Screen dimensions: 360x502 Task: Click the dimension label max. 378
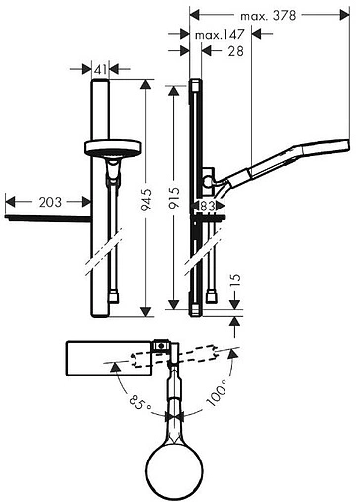coord(268,16)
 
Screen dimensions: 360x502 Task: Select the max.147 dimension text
coord(220,34)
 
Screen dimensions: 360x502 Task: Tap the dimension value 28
coord(236,51)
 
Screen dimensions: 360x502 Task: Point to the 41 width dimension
coord(100,69)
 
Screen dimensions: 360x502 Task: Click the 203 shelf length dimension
coord(49,202)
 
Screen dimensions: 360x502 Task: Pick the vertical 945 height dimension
coord(146,200)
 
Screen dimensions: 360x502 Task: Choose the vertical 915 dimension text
coord(174,198)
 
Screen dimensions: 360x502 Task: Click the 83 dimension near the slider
coord(208,207)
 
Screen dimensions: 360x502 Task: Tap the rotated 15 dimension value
coord(235,282)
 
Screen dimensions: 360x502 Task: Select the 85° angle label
coord(140,401)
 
